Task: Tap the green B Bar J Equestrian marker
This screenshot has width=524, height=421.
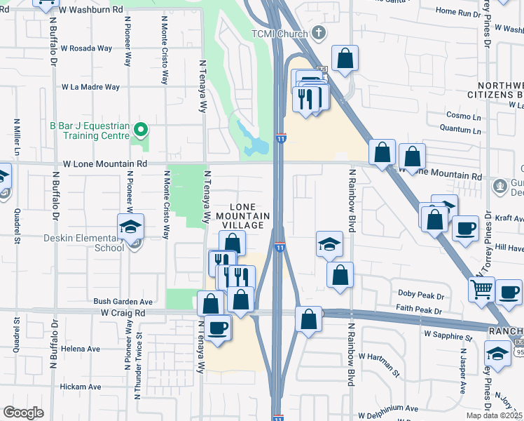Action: pyautogui.click(x=141, y=128)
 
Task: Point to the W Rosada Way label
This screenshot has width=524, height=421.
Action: pyautogui.click(x=86, y=48)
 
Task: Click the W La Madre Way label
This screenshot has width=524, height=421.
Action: pyautogui.click(x=90, y=87)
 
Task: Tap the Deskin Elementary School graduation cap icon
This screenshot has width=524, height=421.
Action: pyautogui.click(x=130, y=227)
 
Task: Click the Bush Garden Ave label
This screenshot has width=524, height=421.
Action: pyautogui.click(x=123, y=301)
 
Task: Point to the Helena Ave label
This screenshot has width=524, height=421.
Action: pyautogui.click(x=80, y=349)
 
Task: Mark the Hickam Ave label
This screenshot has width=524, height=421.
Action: pyautogui.click(x=80, y=387)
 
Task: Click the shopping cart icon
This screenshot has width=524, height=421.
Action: pyautogui.click(x=481, y=288)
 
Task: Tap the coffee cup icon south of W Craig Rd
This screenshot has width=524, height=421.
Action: pyautogui.click(x=217, y=327)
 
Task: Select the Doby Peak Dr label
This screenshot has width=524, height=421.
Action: pyautogui.click(x=421, y=292)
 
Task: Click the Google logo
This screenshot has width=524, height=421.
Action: pyautogui.click(x=23, y=413)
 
